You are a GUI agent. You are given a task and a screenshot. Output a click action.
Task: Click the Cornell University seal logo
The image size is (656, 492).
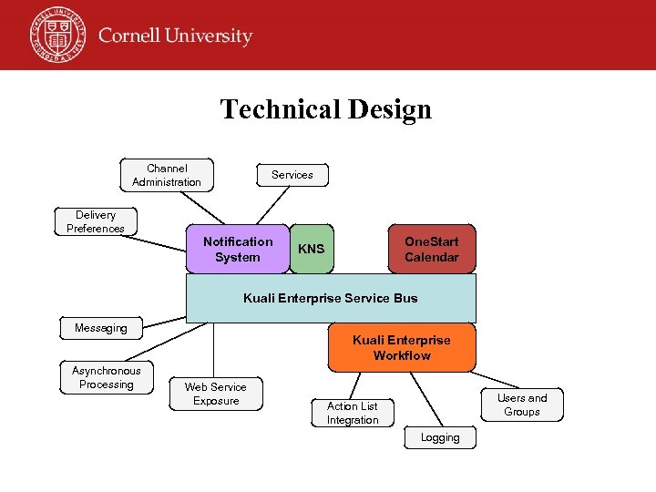[x=56, y=35]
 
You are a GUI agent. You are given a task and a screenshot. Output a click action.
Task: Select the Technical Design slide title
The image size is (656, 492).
[x=325, y=109]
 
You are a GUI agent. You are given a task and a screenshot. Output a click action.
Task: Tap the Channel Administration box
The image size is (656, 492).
[x=167, y=175]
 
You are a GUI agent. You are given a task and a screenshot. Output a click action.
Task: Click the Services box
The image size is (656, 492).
[x=292, y=175]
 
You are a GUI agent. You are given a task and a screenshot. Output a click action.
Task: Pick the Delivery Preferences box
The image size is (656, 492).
[x=96, y=222]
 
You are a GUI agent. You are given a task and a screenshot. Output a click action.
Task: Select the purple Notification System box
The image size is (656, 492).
[x=237, y=250]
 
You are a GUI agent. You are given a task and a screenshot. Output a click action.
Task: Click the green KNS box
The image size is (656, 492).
[x=312, y=250]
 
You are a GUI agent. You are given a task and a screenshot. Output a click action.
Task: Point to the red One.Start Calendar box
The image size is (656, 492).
[x=431, y=250]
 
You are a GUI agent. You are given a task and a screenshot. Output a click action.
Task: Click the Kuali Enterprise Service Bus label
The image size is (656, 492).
[x=331, y=298]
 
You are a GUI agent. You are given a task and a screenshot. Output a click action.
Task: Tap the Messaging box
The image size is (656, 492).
[x=101, y=328]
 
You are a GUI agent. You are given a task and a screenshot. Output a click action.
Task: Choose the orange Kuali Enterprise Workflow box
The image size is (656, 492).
[x=401, y=348]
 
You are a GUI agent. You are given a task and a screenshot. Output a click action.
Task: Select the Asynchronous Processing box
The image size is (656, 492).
[x=107, y=378]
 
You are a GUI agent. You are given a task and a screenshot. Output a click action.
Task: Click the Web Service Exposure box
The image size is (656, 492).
[x=216, y=394]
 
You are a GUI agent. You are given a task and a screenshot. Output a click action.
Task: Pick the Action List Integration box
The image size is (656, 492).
[x=353, y=413]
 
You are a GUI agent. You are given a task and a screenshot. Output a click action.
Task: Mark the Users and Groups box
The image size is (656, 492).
[x=522, y=405]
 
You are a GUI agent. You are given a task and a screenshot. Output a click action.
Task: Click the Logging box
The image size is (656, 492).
[x=440, y=438]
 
